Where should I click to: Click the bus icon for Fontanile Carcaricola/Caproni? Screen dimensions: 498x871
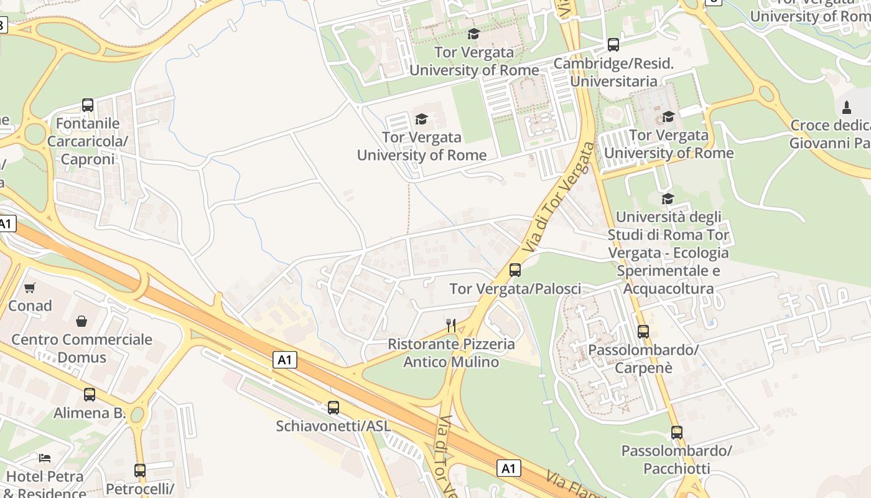pos(88,105)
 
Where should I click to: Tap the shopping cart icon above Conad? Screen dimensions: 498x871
pos(30,288)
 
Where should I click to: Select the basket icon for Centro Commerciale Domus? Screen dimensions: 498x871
pos(82,321)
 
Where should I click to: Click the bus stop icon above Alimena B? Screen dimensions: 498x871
pos(90,394)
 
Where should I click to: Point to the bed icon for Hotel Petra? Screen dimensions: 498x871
pos(45,458)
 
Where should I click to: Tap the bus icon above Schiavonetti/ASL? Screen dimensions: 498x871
pos(333,408)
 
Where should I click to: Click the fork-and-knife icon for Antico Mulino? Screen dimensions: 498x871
pos(452,325)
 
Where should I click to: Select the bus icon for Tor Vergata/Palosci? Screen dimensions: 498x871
pos(515,270)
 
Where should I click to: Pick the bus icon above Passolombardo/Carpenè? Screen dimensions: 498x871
pos(643,332)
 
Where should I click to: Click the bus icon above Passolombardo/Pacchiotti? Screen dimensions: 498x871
pos(677,433)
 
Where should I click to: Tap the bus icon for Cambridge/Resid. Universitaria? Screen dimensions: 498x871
pos(613,45)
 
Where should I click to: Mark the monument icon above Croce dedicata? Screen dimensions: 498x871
pos(846,107)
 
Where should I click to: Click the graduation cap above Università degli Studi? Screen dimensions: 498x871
pos(668,199)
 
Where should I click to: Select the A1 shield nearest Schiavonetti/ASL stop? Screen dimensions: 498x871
pos(284,360)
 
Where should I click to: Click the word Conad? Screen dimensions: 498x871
pos(30,306)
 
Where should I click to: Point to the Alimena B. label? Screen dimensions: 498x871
pos(90,413)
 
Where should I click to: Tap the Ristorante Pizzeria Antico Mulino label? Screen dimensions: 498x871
pos(452,353)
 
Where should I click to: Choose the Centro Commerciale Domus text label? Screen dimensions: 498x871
pos(82,348)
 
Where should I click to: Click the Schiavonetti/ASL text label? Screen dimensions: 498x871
pos(333,426)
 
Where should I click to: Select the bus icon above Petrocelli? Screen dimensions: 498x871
pos(140,471)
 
